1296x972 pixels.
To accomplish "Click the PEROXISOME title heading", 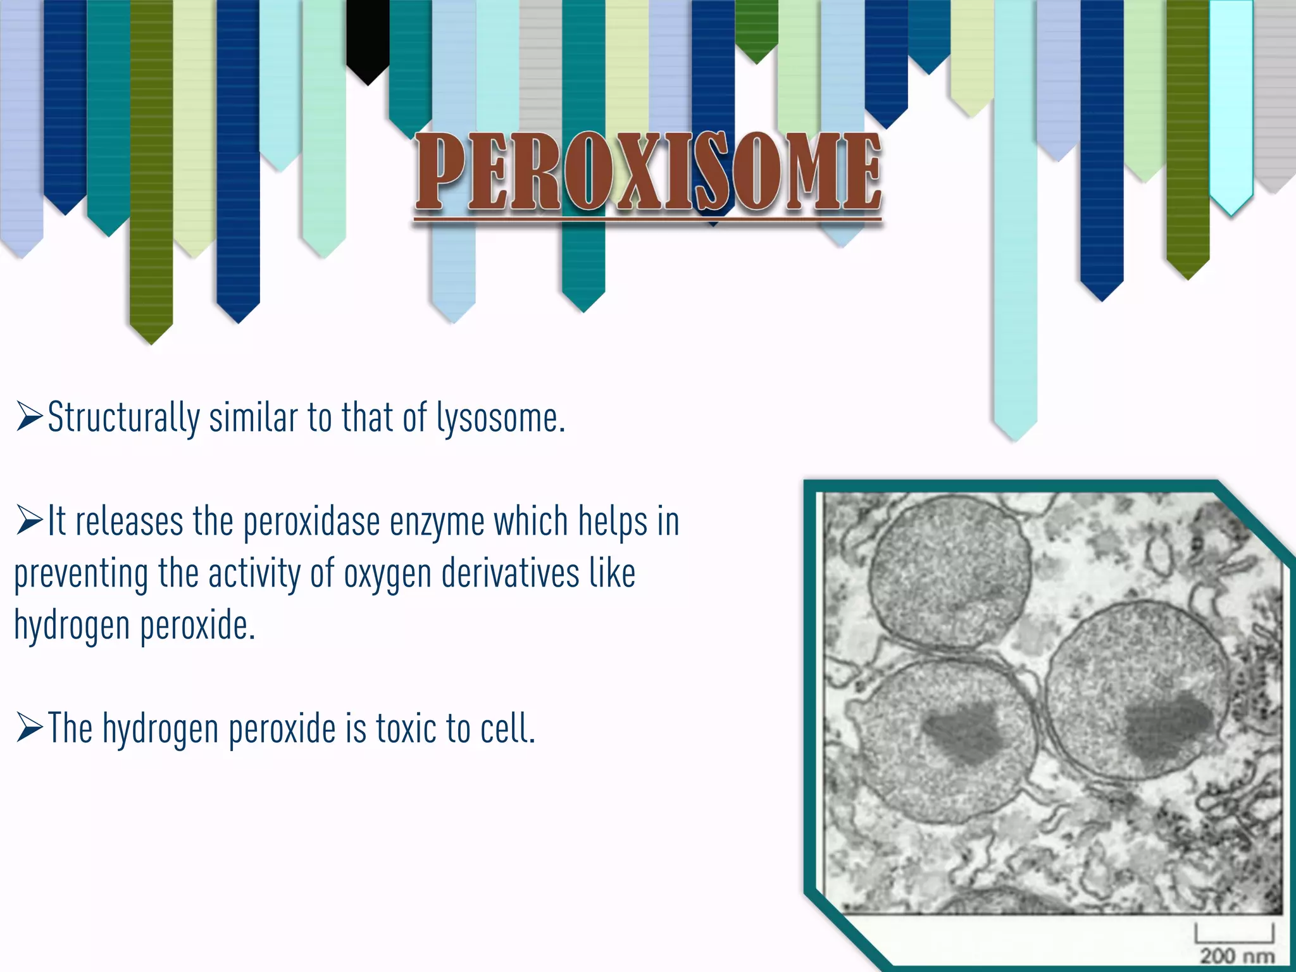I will (x=648, y=172).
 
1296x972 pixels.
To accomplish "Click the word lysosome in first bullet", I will (x=500, y=419).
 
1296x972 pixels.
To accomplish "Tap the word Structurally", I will (x=124, y=419).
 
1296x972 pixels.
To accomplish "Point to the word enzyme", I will (x=437, y=523).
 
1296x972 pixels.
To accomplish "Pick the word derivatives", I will (x=510, y=573).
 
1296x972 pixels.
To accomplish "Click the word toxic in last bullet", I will (x=406, y=728).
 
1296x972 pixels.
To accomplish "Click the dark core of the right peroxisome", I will (x=1168, y=728).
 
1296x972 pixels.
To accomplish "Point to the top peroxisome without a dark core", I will (x=949, y=570).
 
